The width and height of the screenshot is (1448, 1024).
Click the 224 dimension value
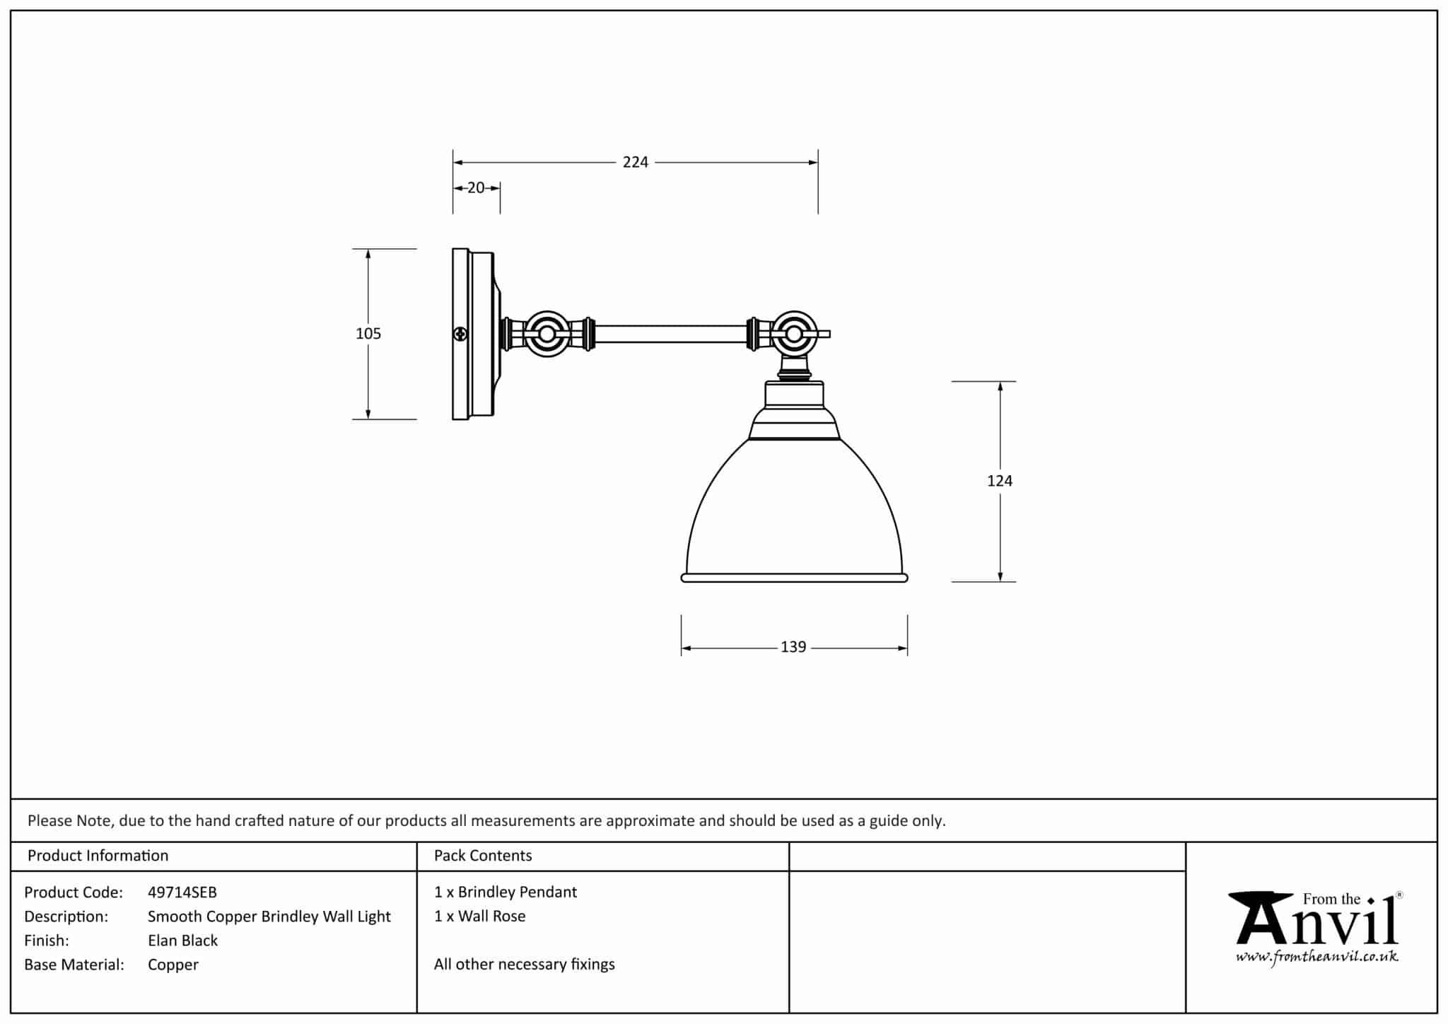click(x=635, y=163)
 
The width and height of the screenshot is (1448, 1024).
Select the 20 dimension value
click(x=476, y=188)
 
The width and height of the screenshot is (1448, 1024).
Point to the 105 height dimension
click(x=368, y=334)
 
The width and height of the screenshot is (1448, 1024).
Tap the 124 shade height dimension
click(x=999, y=481)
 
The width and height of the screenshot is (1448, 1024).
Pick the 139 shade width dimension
click(x=793, y=647)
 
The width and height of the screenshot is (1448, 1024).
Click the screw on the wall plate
click(x=460, y=334)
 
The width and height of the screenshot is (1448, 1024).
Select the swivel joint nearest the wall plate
click(x=547, y=334)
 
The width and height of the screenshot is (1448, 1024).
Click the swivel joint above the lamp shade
click(x=794, y=334)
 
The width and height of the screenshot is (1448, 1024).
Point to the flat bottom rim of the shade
click(x=794, y=578)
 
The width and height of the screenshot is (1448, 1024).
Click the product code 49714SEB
click(x=182, y=892)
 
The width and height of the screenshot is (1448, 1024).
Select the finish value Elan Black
click(x=182, y=941)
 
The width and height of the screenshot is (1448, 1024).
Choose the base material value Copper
click(x=173, y=965)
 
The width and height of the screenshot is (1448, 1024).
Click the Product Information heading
click(x=98, y=856)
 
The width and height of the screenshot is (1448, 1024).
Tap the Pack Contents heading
click(x=483, y=856)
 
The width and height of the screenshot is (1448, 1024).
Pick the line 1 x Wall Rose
click(x=480, y=917)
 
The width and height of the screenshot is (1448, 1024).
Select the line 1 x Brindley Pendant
click(x=506, y=892)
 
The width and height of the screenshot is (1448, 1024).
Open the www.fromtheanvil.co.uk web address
click(x=1316, y=958)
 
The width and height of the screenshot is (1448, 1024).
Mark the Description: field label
click(x=66, y=917)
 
